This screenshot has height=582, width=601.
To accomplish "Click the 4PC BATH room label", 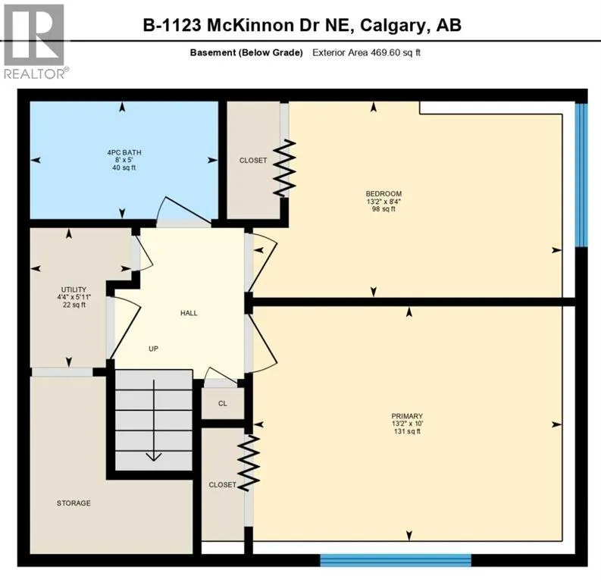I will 124,152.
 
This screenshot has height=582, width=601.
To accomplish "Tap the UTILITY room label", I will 74,289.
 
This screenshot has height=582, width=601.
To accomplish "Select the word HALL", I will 189,313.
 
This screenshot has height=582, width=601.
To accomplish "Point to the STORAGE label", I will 74,503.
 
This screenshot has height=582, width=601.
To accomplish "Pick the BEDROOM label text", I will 383,193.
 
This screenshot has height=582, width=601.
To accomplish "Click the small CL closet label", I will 223,403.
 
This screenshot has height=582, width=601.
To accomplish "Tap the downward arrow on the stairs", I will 154,454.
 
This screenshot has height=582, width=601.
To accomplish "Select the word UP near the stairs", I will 154,349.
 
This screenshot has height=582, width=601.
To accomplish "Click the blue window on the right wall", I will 581,174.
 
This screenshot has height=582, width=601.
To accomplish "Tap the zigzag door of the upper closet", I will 284,167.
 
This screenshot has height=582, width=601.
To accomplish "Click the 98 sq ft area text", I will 383,209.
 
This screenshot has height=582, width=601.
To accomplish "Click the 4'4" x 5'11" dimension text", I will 74,297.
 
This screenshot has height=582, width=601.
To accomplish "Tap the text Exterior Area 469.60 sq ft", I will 371,52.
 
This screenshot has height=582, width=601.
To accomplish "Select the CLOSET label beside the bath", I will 253,160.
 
